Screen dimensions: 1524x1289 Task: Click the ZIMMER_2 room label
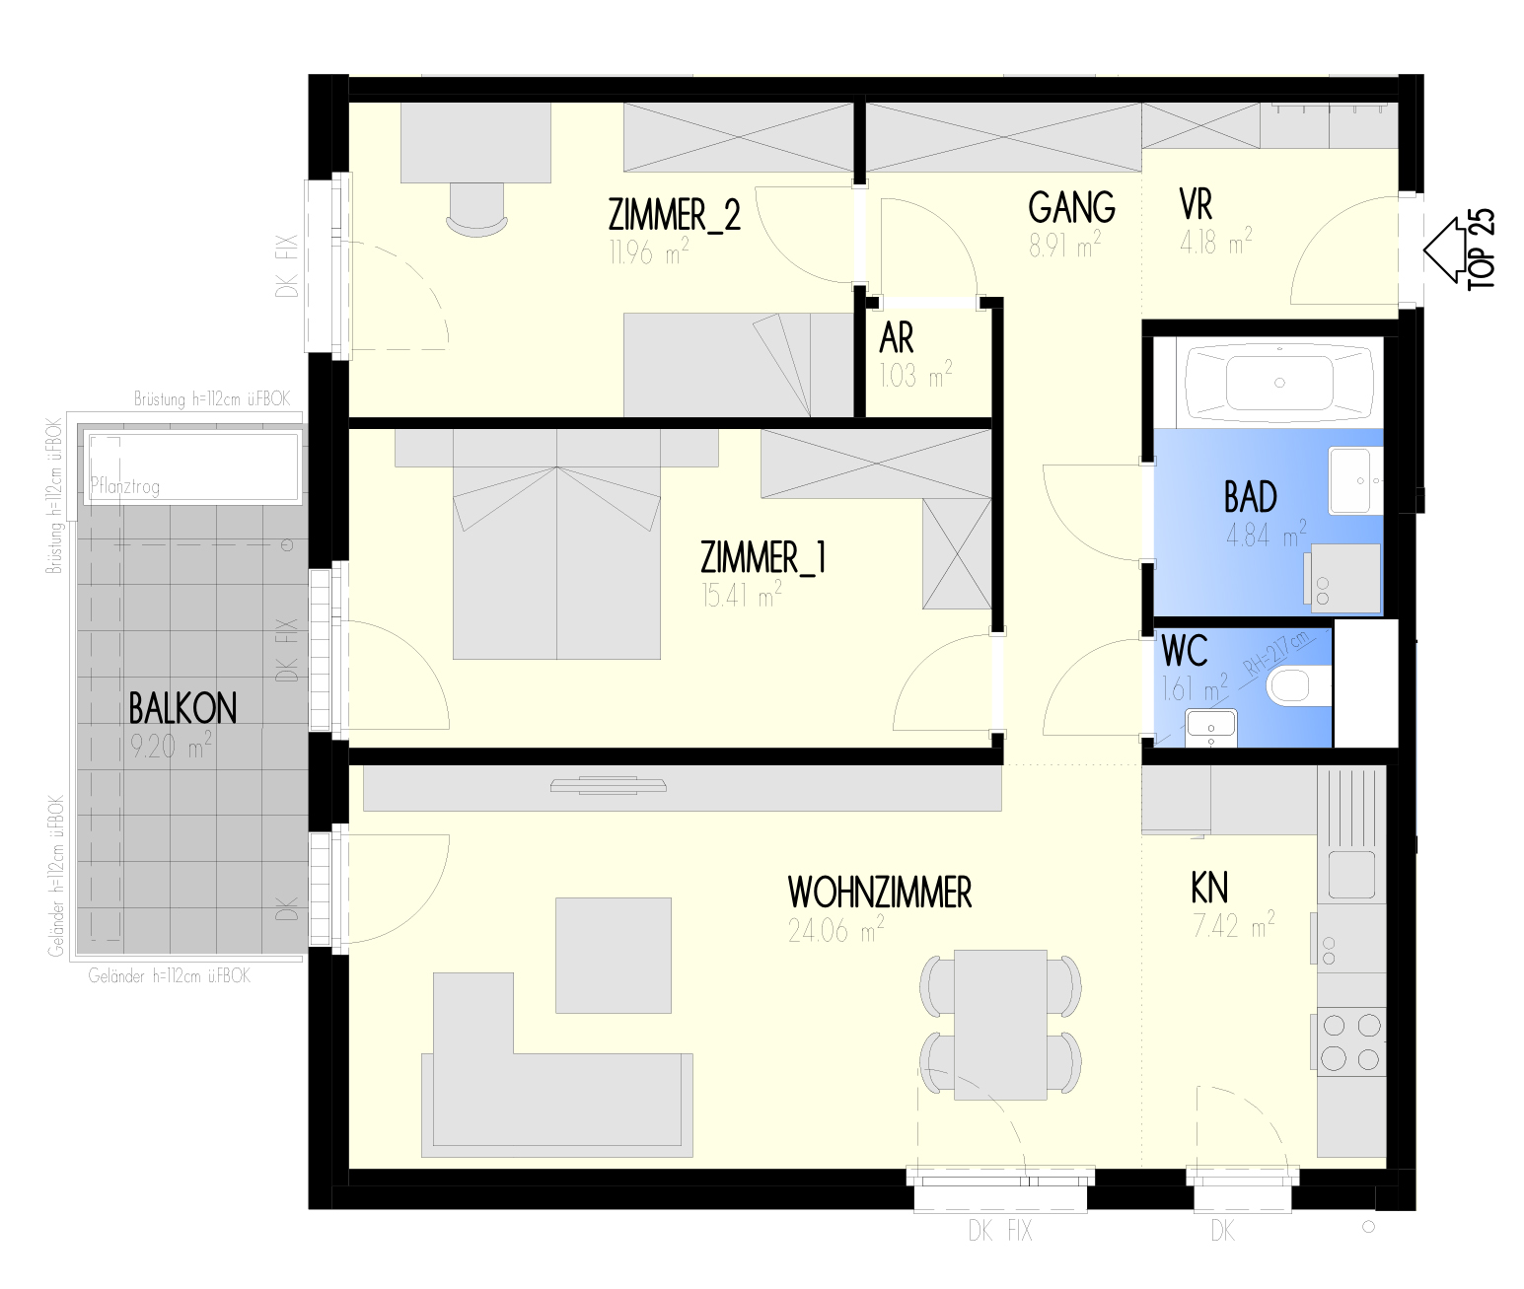coord(674,215)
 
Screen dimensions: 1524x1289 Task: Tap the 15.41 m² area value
coord(741,595)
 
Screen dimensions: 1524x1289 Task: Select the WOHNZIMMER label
coord(880,893)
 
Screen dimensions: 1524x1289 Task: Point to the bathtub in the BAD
coord(1279,383)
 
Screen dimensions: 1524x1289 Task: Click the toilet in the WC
coord(1298,686)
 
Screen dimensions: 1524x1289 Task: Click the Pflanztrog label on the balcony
coord(124,486)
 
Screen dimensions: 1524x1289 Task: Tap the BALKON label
coord(182,708)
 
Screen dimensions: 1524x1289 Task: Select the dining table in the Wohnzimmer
coord(1000,1025)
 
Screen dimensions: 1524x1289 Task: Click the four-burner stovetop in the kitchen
coord(1350,1042)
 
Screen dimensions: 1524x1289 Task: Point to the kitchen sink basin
coord(1351,875)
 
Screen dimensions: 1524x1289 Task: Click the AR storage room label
coord(897,338)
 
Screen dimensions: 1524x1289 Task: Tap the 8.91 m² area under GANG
coord(1064,244)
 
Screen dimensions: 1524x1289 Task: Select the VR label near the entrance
coord(1196,205)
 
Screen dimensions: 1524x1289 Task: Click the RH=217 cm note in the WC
coord(1277,653)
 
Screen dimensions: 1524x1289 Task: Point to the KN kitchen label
coord(1210,888)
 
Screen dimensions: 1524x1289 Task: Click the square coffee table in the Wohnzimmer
coord(614,955)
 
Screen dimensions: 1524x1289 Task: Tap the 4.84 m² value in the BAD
coord(1266,535)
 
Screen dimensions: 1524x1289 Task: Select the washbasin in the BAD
coord(1355,479)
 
